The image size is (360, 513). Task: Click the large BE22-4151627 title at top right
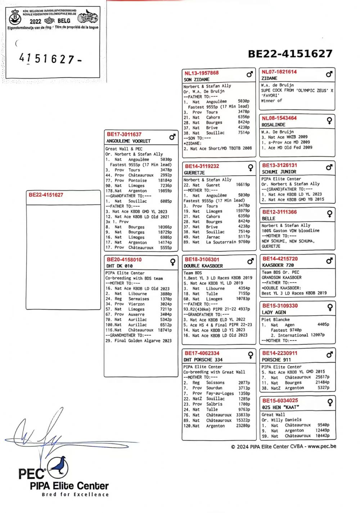(x=290, y=54)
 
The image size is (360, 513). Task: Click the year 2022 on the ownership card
(x=35, y=21)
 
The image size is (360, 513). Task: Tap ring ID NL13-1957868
(x=202, y=73)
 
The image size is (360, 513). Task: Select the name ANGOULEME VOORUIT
(x=128, y=141)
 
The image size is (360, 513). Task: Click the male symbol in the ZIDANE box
(x=329, y=74)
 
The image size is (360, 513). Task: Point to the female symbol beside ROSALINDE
(x=329, y=121)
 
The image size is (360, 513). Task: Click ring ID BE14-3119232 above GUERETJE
(x=202, y=166)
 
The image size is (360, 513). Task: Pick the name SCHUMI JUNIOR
(x=279, y=172)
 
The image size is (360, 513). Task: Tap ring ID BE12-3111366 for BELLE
(x=279, y=212)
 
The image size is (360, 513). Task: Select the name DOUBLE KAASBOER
(x=203, y=266)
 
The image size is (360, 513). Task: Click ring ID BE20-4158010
(x=124, y=260)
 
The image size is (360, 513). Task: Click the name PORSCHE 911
(x=276, y=360)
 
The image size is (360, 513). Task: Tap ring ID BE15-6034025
(x=280, y=401)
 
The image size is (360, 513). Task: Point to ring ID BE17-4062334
(x=202, y=353)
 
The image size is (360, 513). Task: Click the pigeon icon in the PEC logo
(x=58, y=467)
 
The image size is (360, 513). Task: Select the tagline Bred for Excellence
(x=75, y=495)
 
